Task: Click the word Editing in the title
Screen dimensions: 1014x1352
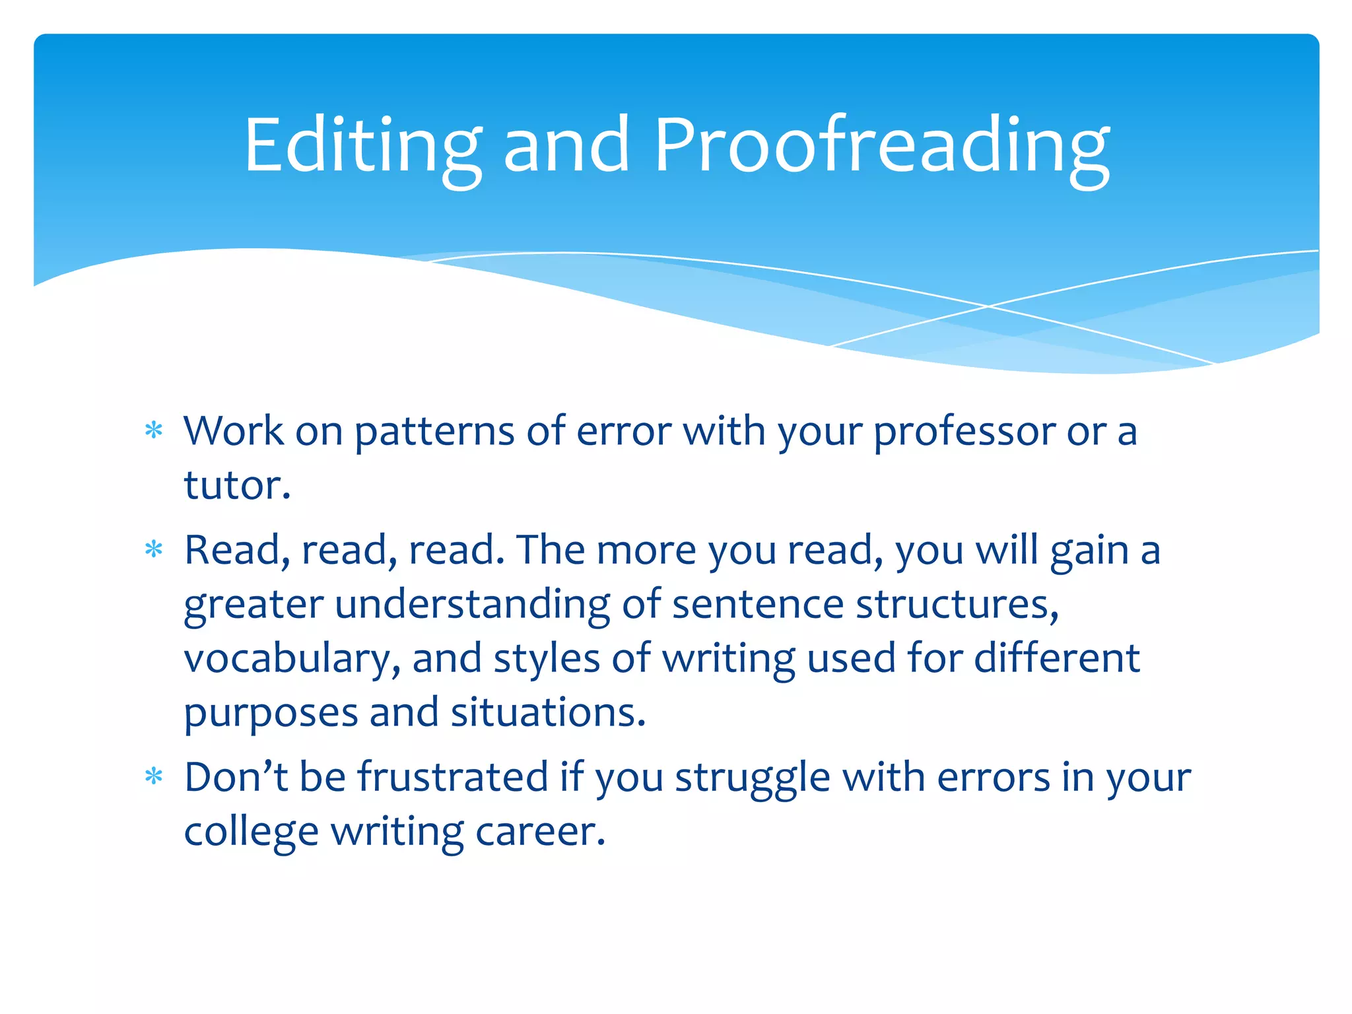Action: (362, 147)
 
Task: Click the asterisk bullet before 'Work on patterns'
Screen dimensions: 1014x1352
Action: (154, 431)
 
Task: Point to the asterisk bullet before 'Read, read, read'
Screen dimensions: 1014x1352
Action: (154, 549)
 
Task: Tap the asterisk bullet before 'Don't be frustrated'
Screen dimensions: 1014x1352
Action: (154, 776)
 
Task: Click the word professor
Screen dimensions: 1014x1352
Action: (964, 432)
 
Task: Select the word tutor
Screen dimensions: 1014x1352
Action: (236, 485)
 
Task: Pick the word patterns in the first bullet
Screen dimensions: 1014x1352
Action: (434, 432)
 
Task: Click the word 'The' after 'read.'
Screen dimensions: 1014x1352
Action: (551, 550)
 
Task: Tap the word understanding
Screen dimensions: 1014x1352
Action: (473, 605)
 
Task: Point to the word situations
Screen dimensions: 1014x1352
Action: (547, 712)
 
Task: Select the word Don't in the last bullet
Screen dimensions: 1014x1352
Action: (236, 776)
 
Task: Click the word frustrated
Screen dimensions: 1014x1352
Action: (453, 776)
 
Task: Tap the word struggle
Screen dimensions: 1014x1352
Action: (753, 778)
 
